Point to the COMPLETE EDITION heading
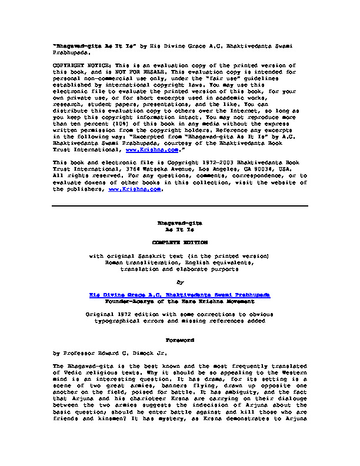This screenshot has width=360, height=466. pyautogui.click(x=179, y=242)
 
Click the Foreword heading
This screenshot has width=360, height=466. pyautogui.click(x=179, y=340)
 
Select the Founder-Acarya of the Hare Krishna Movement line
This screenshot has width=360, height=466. pyautogui.click(x=179, y=300)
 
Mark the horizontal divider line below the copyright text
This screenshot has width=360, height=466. pyautogui.click(x=180, y=206)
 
